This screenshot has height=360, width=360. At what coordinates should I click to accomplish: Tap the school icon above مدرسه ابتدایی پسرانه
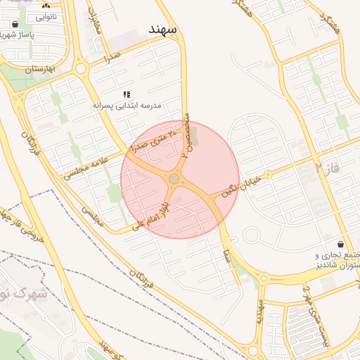pos(127,94)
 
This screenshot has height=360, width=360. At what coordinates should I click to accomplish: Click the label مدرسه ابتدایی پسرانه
pos(127,105)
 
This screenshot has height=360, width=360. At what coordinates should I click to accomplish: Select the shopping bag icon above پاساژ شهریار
pos(15,24)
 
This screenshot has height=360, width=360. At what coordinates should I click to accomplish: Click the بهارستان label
pos(38,70)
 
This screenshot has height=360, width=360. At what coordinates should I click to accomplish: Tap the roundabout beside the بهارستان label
pos(81,69)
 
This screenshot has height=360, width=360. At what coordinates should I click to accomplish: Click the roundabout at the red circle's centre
pos(174,180)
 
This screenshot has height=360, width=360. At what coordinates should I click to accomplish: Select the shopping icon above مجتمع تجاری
pos(341,243)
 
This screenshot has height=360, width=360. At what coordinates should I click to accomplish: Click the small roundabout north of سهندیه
pos(264,278)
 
